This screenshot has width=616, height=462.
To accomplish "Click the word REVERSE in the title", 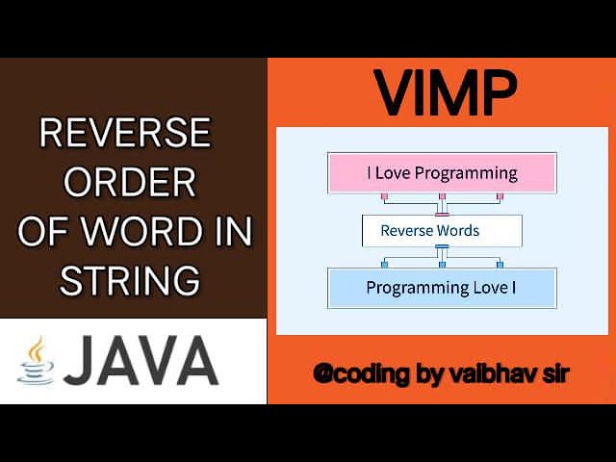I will (x=125, y=134).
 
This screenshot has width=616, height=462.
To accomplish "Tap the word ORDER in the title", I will (x=131, y=182).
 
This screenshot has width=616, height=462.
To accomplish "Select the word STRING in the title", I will (x=130, y=280).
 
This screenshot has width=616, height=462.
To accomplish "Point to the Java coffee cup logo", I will (x=37, y=361).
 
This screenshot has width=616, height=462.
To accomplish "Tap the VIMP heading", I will (x=445, y=92).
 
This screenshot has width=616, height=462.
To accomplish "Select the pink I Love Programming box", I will (x=442, y=173).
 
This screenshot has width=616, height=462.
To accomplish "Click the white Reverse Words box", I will (x=442, y=231).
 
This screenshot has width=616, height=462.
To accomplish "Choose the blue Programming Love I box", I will (x=442, y=288).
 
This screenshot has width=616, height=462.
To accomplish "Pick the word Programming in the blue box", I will (x=409, y=288).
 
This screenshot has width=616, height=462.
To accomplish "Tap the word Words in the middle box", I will (x=458, y=231).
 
